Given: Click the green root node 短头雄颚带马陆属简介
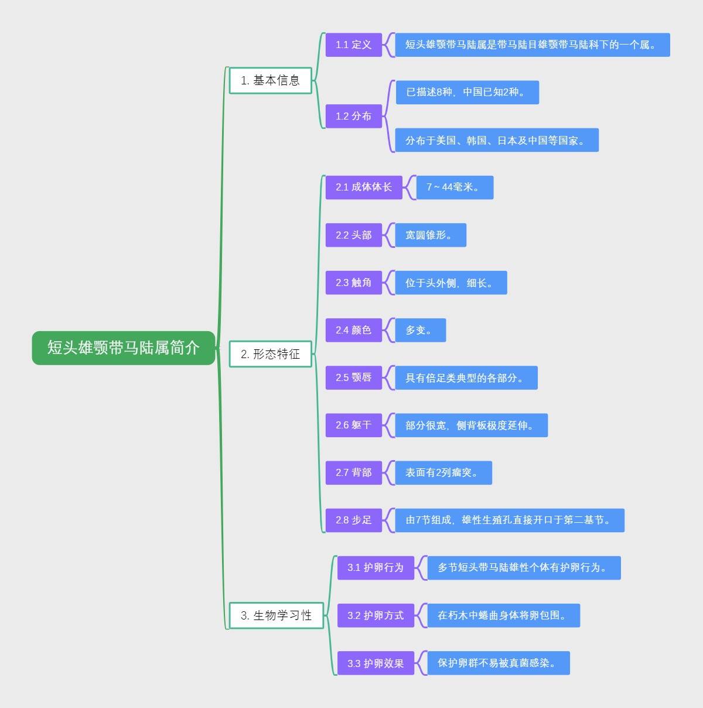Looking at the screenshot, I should pyautogui.click(x=124, y=348).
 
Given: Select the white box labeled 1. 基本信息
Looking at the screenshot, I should pyautogui.click(x=270, y=80).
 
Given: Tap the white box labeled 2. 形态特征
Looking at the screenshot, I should pyautogui.click(x=270, y=354).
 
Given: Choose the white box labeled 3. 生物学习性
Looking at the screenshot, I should pyautogui.click(x=276, y=615).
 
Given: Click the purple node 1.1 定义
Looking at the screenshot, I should pyautogui.click(x=353, y=45).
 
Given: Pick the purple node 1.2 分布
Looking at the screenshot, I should pyautogui.click(x=353, y=116).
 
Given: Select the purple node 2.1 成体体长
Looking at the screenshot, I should pyautogui.click(x=363, y=187).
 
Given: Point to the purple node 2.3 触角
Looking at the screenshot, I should pyautogui.click(x=353, y=282).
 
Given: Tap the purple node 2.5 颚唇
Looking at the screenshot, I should pyautogui.click(x=353, y=377).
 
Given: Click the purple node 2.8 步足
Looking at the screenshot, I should pyautogui.click(x=353, y=520).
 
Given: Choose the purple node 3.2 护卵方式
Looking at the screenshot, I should pyautogui.click(x=375, y=615).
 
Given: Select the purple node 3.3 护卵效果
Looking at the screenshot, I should pyautogui.click(x=375, y=663).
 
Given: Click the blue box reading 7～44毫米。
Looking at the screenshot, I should pyautogui.click(x=455, y=187).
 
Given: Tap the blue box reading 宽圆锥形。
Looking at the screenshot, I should pyautogui.click(x=431, y=235).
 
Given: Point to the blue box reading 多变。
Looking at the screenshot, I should pyautogui.click(x=420, y=330).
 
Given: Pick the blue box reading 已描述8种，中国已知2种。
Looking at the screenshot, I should pyautogui.click(x=467, y=92).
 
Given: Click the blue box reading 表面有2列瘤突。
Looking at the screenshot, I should pyautogui.click(x=443, y=472).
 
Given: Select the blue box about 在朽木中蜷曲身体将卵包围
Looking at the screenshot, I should pyautogui.click(x=503, y=615).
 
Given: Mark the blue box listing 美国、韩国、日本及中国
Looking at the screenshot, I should pyautogui.click(x=496, y=140).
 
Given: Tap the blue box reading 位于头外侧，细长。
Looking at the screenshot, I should pyautogui.click(x=451, y=282).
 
